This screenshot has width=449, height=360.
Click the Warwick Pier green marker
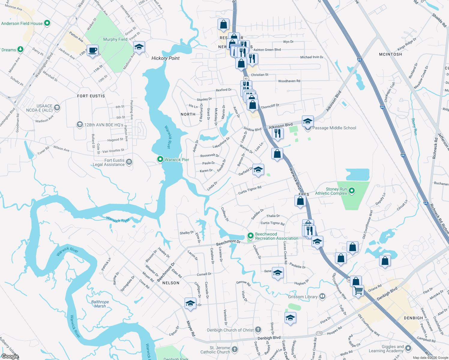tap(160, 159)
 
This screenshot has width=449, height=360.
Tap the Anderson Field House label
tap(22, 23)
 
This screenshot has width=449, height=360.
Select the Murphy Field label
tap(115, 39)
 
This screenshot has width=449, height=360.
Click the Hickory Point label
tap(165, 58)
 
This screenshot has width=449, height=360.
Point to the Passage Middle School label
tap(334, 128)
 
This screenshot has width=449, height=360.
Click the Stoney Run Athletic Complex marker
tap(352, 190)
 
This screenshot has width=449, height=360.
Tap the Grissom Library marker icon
tap(322, 296)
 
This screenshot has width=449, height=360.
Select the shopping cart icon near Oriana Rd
tap(358, 290)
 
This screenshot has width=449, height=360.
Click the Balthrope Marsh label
tap(100, 304)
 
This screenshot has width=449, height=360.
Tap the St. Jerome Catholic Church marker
tap(235, 349)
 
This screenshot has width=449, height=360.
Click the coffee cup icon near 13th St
tap(93, 50)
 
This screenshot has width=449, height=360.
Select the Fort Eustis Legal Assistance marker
tap(129, 162)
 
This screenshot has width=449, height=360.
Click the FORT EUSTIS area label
tap(91, 96)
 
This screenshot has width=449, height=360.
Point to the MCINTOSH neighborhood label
tap(390, 54)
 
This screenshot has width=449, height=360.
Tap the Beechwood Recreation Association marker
tap(250, 236)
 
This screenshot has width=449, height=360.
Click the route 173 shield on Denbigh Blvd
tap(319, 334)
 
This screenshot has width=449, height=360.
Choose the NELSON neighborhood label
tap(171, 283)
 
